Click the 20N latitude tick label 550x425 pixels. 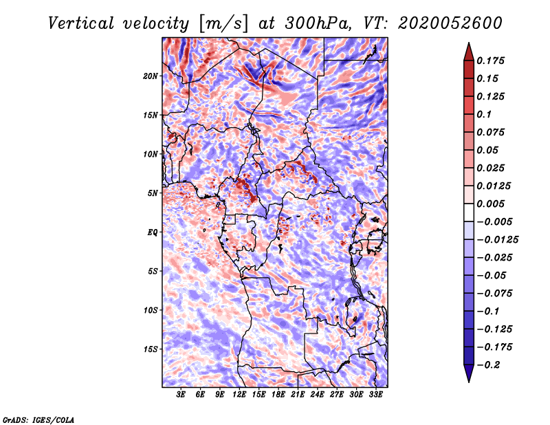pyautogui.click(x=151, y=76)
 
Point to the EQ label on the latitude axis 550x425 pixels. pyautogui.click(x=153, y=232)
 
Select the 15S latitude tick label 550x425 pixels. pyautogui.click(x=151, y=349)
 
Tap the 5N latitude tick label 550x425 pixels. pyautogui.click(x=153, y=193)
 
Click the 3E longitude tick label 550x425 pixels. pyautogui.click(x=181, y=395)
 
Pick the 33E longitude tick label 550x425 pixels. pyautogui.click(x=376, y=395)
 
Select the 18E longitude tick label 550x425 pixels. pyautogui.click(x=278, y=395)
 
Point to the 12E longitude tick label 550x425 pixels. pyautogui.click(x=239, y=395)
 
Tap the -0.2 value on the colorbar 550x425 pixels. pyautogui.click(x=492, y=364)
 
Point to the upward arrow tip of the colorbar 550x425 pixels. pyautogui.click(x=468, y=45)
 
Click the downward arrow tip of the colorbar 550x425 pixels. pyautogui.click(x=468, y=380)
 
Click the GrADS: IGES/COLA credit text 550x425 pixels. pyautogui.click(x=38, y=419)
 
